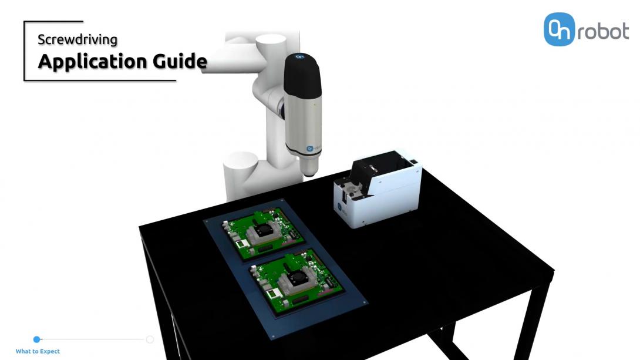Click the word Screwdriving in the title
[78, 39]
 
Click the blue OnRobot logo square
[559, 29]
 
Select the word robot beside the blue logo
[603, 31]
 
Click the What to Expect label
[38, 351]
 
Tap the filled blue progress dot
[37, 339]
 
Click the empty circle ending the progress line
[150, 339]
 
